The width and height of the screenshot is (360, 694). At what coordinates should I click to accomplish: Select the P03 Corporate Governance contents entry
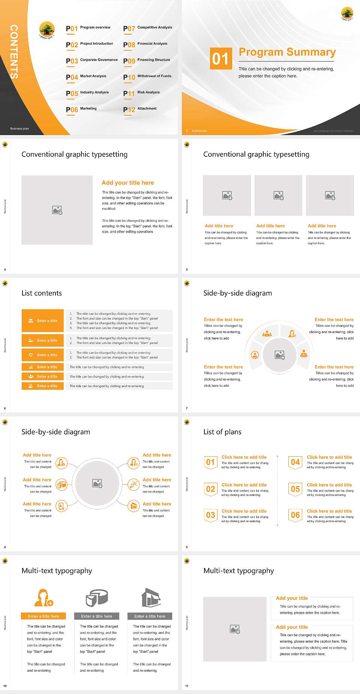click(x=92, y=60)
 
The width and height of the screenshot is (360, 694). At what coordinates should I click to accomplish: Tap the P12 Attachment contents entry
click(x=140, y=109)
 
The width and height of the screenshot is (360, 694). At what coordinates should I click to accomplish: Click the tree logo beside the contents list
click(x=47, y=29)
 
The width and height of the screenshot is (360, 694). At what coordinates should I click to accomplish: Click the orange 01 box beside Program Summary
click(x=220, y=59)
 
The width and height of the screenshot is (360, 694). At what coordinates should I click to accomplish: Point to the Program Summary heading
click(x=287, y=52)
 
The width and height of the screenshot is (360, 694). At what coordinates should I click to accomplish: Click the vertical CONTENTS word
click(x=14, y=52)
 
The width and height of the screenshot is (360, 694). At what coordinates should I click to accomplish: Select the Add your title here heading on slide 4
click(x=127, y=183)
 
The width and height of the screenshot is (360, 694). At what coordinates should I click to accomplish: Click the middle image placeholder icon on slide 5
click(x=278, y=195)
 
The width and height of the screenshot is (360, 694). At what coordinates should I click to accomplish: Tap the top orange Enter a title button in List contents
click(x=43, y=321)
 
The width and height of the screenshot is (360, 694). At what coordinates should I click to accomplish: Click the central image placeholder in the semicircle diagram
click(x=280, y=355)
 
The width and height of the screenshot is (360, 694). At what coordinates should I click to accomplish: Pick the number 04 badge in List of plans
click(x=295, y=462)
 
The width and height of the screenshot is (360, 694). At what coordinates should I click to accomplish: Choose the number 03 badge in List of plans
click(x=210, y=515)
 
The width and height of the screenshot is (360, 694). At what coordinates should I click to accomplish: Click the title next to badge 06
click(x=329, y=511)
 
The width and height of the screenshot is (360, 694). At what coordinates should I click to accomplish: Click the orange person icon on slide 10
click(x=43, y=598)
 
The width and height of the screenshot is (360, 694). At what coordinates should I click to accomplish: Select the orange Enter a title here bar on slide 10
click(x=43, y=616)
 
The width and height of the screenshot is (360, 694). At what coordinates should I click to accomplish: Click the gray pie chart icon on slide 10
click(x=97, y=598)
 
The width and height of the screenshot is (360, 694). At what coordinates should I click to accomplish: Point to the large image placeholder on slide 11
click(x=235, y=629)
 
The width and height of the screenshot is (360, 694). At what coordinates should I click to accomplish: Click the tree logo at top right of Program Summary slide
click(x=347, y=14)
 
